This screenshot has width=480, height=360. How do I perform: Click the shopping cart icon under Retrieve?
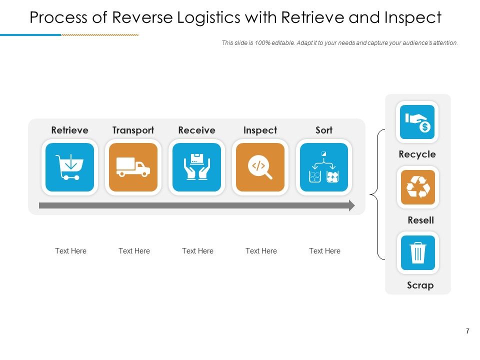69,167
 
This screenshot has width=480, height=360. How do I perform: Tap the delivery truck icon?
133,167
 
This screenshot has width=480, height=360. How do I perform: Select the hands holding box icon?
196,167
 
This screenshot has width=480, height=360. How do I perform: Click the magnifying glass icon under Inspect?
260,167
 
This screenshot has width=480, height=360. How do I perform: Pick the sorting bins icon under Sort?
324,167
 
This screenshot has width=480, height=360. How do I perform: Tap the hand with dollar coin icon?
417,122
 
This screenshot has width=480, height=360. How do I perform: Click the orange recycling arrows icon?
418,187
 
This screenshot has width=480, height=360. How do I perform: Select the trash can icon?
418,252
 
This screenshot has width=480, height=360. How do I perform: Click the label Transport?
133,130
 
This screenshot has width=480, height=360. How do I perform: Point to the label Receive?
196,130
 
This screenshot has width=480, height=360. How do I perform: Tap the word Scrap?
420,285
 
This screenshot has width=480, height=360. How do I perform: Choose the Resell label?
420,220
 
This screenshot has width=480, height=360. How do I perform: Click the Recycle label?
417,154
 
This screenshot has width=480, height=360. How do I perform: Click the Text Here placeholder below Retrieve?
70,251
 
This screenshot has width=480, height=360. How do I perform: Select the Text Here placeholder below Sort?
324,251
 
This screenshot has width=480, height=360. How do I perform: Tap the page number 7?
467,331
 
